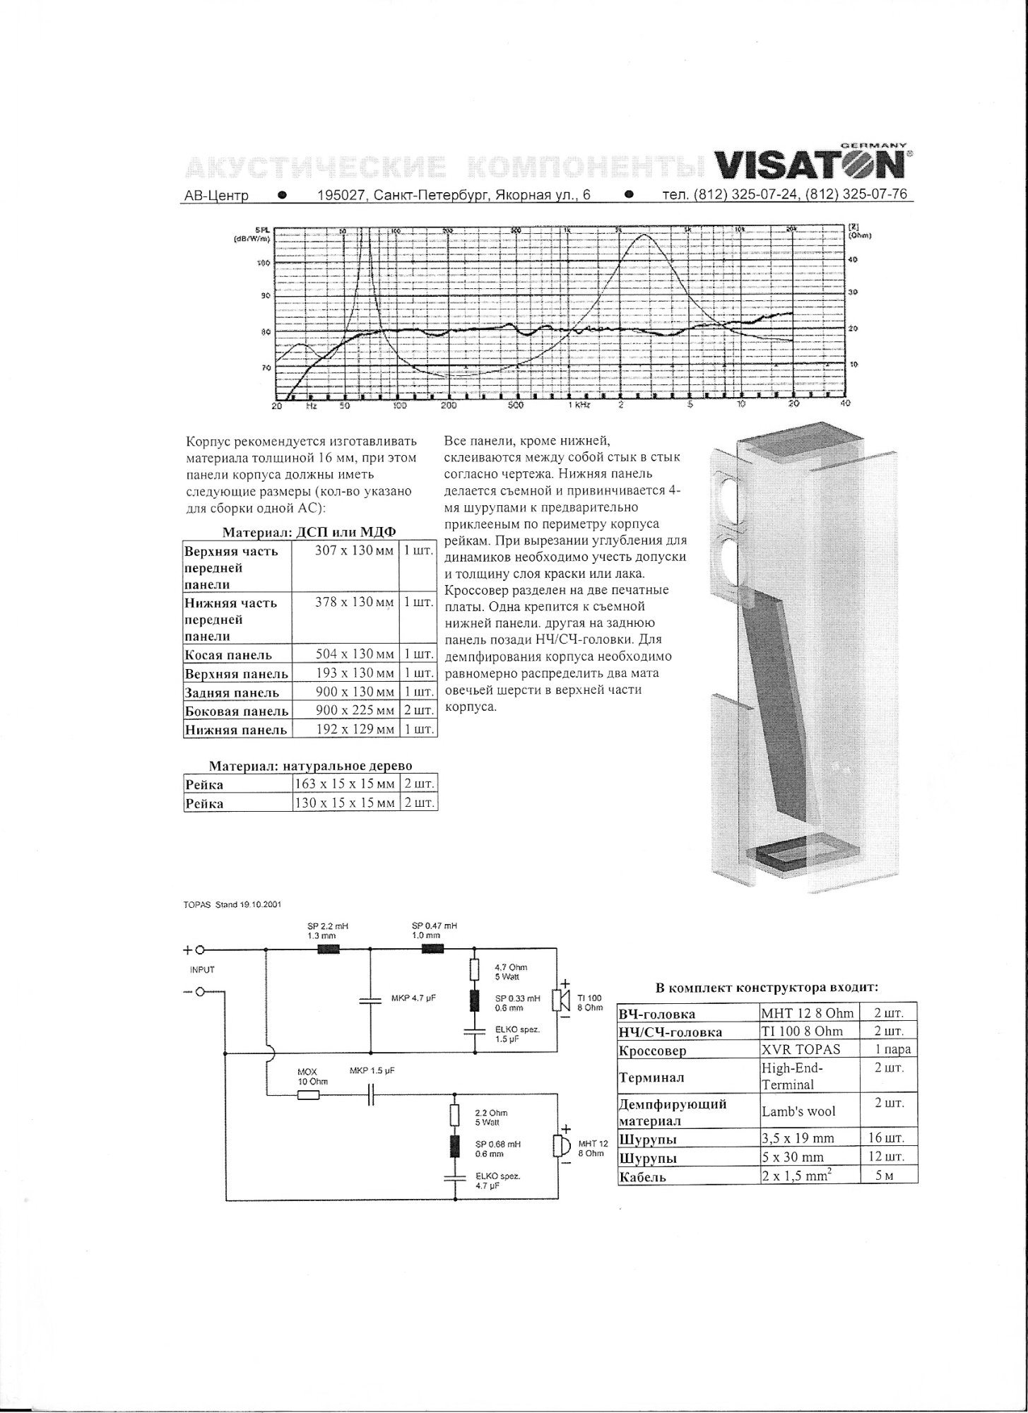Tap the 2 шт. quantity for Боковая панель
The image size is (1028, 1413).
point(418,711)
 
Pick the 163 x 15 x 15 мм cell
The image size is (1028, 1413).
point(345,784)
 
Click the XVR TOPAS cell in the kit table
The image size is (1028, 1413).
point(800,1050)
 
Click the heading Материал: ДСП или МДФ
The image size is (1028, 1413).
point(309,532)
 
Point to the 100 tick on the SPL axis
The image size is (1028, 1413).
point(263,263)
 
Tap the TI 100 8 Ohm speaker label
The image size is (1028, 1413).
point(589,1003)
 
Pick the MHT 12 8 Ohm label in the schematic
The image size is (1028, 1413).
point(592,1148)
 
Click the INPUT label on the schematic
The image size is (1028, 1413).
point(202,970)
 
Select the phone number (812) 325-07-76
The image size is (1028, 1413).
point(856,194)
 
